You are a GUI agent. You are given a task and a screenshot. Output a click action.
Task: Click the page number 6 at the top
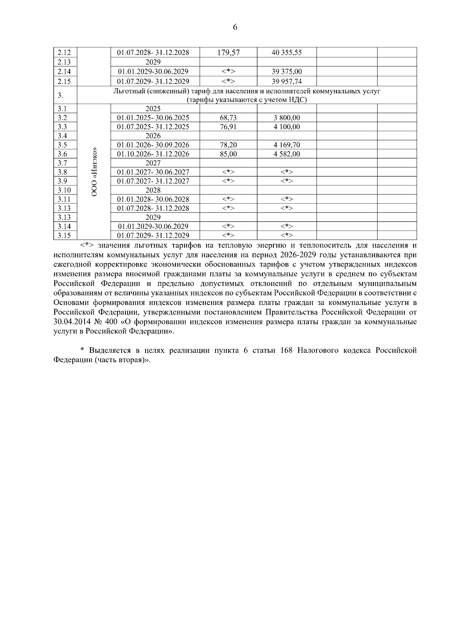click(x=235, y=27)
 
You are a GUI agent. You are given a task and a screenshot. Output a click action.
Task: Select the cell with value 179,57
click(x=228, y=53)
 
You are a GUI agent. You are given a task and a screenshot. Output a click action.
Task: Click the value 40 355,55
click(x=287, y=53)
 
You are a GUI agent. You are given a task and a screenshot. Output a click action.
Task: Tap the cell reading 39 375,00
click(x=287, y=72)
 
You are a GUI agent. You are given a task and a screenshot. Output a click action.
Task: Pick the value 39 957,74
click(x=287, y=81)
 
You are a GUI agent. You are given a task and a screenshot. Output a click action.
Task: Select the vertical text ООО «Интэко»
click(x=94, y=172)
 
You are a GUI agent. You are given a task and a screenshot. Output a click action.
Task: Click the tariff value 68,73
click(x=228, y=118)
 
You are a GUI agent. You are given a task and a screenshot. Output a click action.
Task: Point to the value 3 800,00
click(x=287, y=118)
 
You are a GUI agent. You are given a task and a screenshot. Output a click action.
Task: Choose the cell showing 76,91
click(x=228, y=127)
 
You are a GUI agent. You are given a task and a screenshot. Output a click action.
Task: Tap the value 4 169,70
click(x=287, y=145)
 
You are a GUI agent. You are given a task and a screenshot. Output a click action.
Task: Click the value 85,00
click(x=228, y=154)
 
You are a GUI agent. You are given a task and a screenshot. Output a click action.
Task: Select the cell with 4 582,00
click(x=287, y=154)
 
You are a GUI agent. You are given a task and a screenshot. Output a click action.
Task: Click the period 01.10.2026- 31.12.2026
click(x=153, y=154)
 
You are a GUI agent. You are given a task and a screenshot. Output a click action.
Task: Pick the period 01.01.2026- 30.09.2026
click(x=153, y=145)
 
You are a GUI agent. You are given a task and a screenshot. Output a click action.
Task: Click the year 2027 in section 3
click(x=153, y=163)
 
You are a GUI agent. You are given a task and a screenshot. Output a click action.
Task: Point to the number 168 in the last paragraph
click(x=287, y=351)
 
